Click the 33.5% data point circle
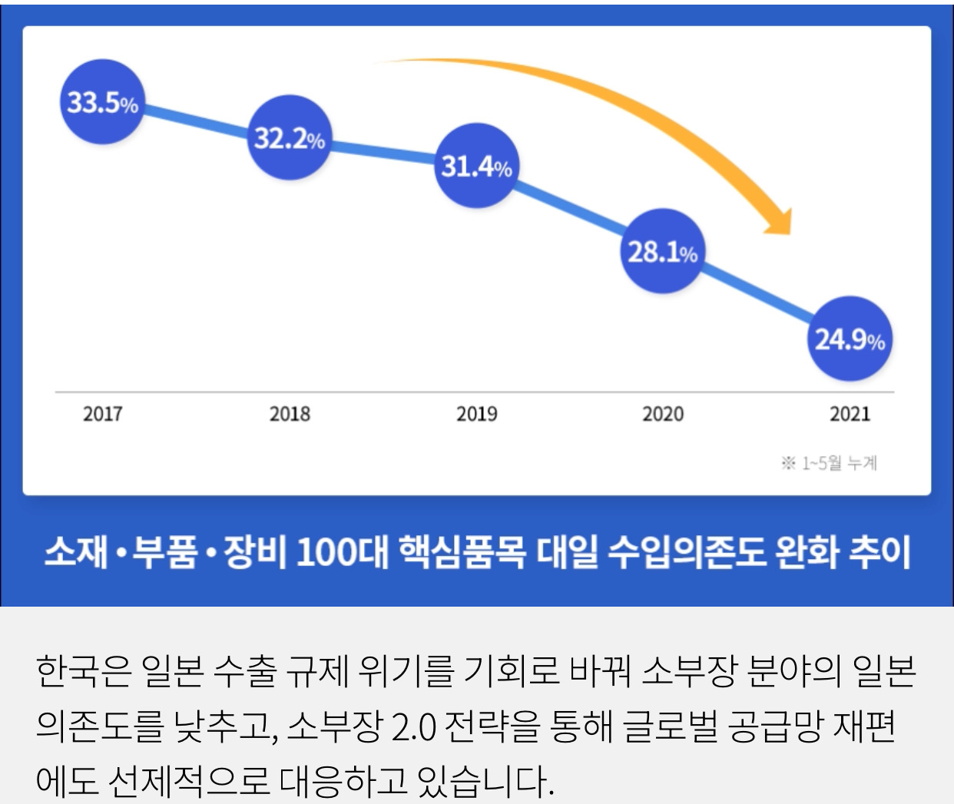pyautogui.click(x=102, y=103)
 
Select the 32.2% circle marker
pyautogui.click(x=289, y=138)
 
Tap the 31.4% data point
pyautogui.click(x=476, y=166)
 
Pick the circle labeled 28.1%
pyautogui.click(x=662, y=251)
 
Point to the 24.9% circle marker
pyautogui.click(x=850, y=339)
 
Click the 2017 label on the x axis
pyautogui.click(x=103, y=414)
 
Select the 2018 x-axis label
pyautogui.click(x=290, y=414)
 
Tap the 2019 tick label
pyautogui.click(x=476, y=414)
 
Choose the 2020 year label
pyautogui.click(x=663, y=414)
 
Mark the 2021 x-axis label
pyautogui.click(x=850, y=414)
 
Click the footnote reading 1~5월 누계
pyautogui.click(x=830, y=463)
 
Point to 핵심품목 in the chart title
pyautogui.click(x=462, y=551)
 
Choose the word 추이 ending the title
pyautogui.click(x=879, y=551)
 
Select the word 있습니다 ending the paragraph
pyautogui.click(x=482, y=781)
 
